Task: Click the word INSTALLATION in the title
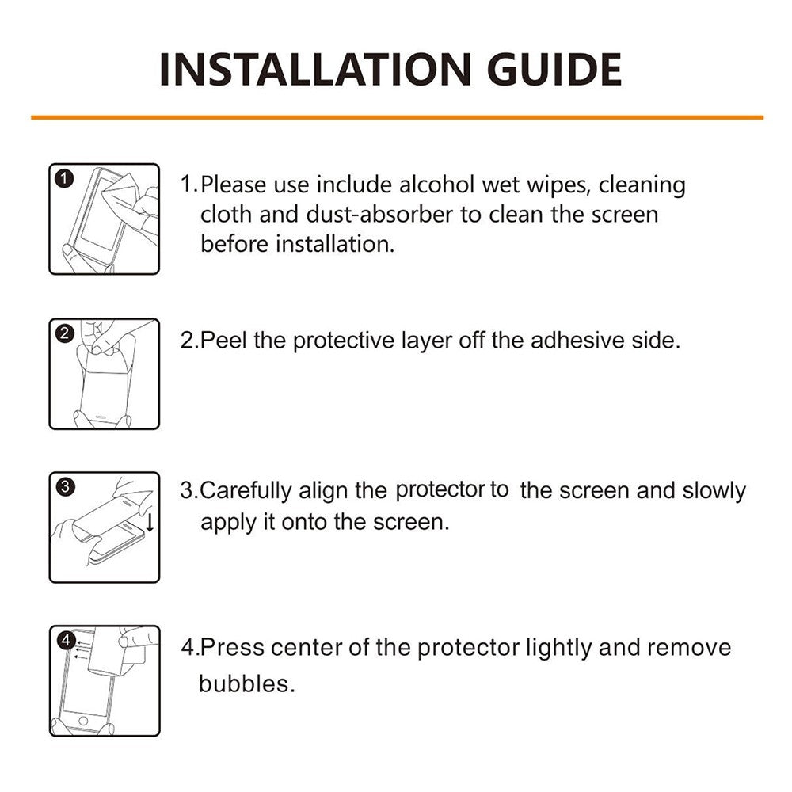pyautogui.click(x=315, y=70)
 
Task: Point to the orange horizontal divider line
pyautogui.click(x=397, y=118)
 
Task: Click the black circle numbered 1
pyautogui.click(x=63, y=178)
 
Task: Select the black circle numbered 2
pyautogui.click(x=65, y=333)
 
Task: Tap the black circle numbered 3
pyautogui.click(x=65, y=487)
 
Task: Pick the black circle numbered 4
pyautogui.click(x=66, y=641)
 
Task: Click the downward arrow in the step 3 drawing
pyautogui.click(x=150, y=521)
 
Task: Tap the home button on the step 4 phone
pyautogui.click(x=83, y=720)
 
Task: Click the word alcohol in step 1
pyautogui.click(x=436, y=185)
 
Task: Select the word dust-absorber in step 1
pyautogui.click(x=379, y=214)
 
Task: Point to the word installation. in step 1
pyautogui.click(x=335, y=244)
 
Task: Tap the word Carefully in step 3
pyautogui.click(x=246, y=491)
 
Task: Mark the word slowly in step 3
pyautogui.click(x=714, y=490)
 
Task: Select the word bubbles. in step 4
pyautogui.click(x=246, y=683)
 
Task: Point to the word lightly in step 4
pyautogui.click(x=558, y=648)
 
